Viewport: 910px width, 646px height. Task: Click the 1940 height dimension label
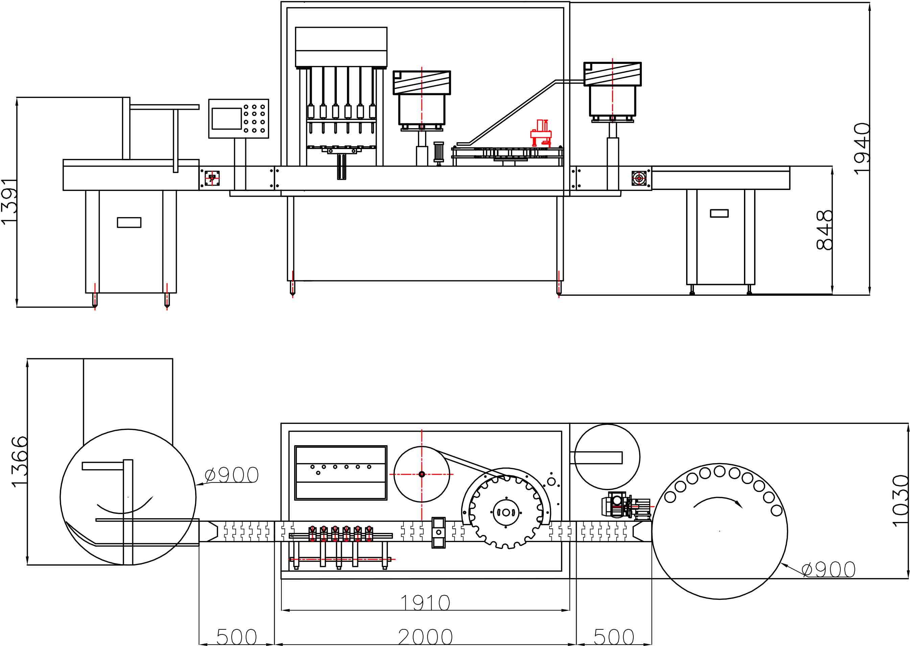(862, 149)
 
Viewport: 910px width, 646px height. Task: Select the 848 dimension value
(824, 230)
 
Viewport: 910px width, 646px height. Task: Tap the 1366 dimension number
(20, 462)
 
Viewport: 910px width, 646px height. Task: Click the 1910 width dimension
(425, 603)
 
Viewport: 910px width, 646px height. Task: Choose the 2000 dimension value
(425, 637)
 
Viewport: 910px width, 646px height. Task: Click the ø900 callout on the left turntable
(232, 475)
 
